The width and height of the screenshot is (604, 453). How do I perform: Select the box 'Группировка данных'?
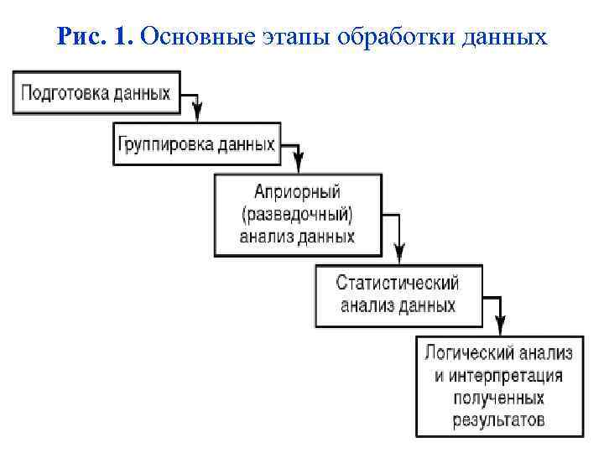coord(195,144)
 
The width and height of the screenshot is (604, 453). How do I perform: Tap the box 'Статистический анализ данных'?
coord(398,294)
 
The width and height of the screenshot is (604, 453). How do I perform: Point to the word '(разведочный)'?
coord(297,213)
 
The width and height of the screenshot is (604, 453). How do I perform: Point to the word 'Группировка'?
coord(163,144)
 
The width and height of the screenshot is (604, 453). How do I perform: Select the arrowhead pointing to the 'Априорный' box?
coord(299,163)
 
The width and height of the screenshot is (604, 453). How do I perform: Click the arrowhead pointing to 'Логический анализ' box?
coord(500,325)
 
